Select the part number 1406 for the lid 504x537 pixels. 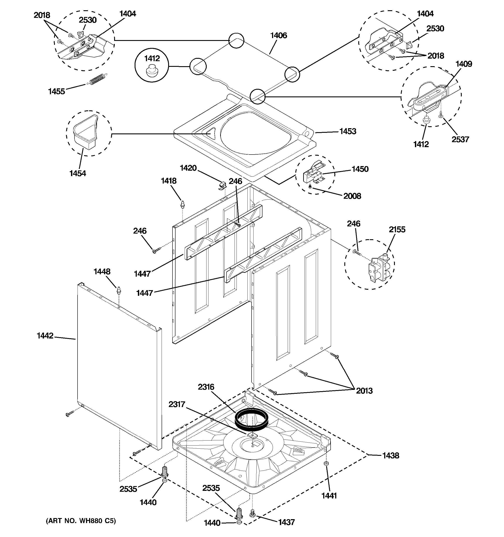click(279, 35)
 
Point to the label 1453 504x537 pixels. click(348, 131)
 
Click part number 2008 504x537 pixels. click(352, 196)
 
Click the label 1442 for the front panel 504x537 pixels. click(45, 336)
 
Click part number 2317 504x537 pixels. click(177, 404)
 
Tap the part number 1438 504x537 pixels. click(391, 456)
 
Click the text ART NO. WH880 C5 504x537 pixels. click(81, 521)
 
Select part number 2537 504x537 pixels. click(460, 139)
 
